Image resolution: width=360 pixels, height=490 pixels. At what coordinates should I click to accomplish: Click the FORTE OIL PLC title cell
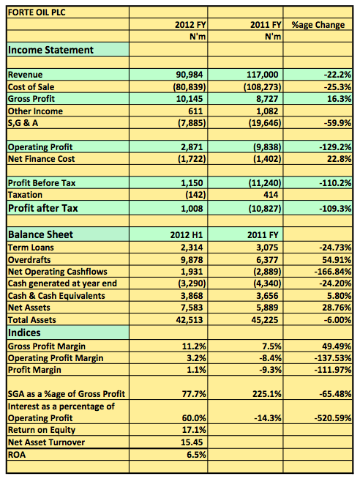point(37,12)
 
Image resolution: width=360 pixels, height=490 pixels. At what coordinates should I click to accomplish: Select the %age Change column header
point(318,25)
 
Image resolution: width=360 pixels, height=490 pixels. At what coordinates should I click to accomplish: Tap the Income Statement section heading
point(50,50)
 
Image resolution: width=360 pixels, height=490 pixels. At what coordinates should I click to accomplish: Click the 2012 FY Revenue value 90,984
point(190,75)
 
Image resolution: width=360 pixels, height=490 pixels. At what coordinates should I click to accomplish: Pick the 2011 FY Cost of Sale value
point(262,87)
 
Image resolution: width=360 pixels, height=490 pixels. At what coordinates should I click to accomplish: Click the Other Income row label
point(35,111)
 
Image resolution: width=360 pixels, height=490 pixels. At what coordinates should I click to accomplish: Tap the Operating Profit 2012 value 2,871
point(192,147)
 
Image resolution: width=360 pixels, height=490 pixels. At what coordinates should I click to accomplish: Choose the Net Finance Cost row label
point(41,159)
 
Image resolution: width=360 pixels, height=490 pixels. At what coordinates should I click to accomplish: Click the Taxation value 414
point(271,195)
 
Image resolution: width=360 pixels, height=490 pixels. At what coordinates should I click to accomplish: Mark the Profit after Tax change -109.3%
point(335,209)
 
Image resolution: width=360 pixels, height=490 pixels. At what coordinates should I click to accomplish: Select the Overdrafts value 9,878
point(192,260)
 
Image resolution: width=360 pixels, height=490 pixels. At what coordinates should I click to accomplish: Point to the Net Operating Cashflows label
point(58,272)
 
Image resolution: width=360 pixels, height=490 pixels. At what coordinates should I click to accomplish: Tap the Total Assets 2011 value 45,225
point(265,320)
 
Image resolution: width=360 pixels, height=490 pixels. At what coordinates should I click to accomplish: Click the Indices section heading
point(24,333)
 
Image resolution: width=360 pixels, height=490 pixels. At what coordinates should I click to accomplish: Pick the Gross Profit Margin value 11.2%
point(194,346)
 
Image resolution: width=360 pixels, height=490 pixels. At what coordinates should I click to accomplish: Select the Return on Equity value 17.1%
point(194,431)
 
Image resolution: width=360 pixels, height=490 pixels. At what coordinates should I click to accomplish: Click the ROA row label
point(17,455)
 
